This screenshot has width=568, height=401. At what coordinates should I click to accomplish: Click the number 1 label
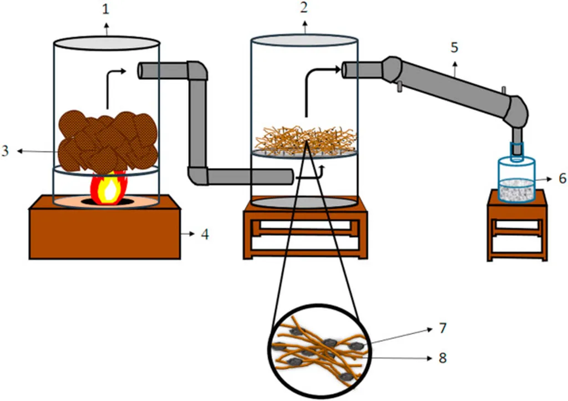click(105, 9)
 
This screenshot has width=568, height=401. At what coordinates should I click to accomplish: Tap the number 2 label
click(304, 7)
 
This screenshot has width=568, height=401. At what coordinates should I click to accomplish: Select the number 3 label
click(4, 151)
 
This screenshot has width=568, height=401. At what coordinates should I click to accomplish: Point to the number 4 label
click(205, 235)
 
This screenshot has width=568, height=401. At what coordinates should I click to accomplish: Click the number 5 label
click(454, 48)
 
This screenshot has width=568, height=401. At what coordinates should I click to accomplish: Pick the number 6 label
click(562, 178)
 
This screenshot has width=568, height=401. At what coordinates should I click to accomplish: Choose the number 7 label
click(442, 328)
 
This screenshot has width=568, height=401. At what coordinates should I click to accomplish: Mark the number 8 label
click(442, 358)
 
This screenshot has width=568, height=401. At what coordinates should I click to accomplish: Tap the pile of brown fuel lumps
click(108, 141)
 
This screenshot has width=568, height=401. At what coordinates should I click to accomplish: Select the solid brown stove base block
click(105, 227)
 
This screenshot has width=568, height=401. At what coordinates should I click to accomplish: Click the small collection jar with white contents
click(516, 180)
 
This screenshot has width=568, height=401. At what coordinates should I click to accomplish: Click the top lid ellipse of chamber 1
click(106, 43)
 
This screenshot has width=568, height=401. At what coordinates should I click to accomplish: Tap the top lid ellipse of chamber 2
click(305, 40)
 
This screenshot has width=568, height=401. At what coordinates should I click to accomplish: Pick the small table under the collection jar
click(517, 225)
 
